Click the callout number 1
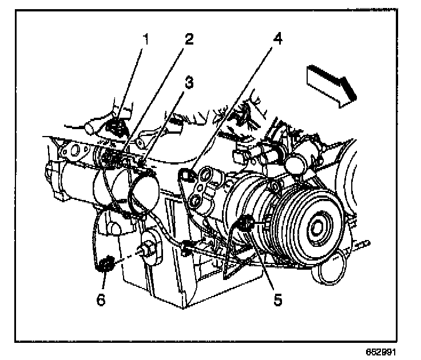[x=146, y=39]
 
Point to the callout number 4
[x=278, y=40]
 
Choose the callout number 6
[x=101, y=299]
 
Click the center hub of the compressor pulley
[x=316, y=227]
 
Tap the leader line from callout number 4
[x=235, y=106]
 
